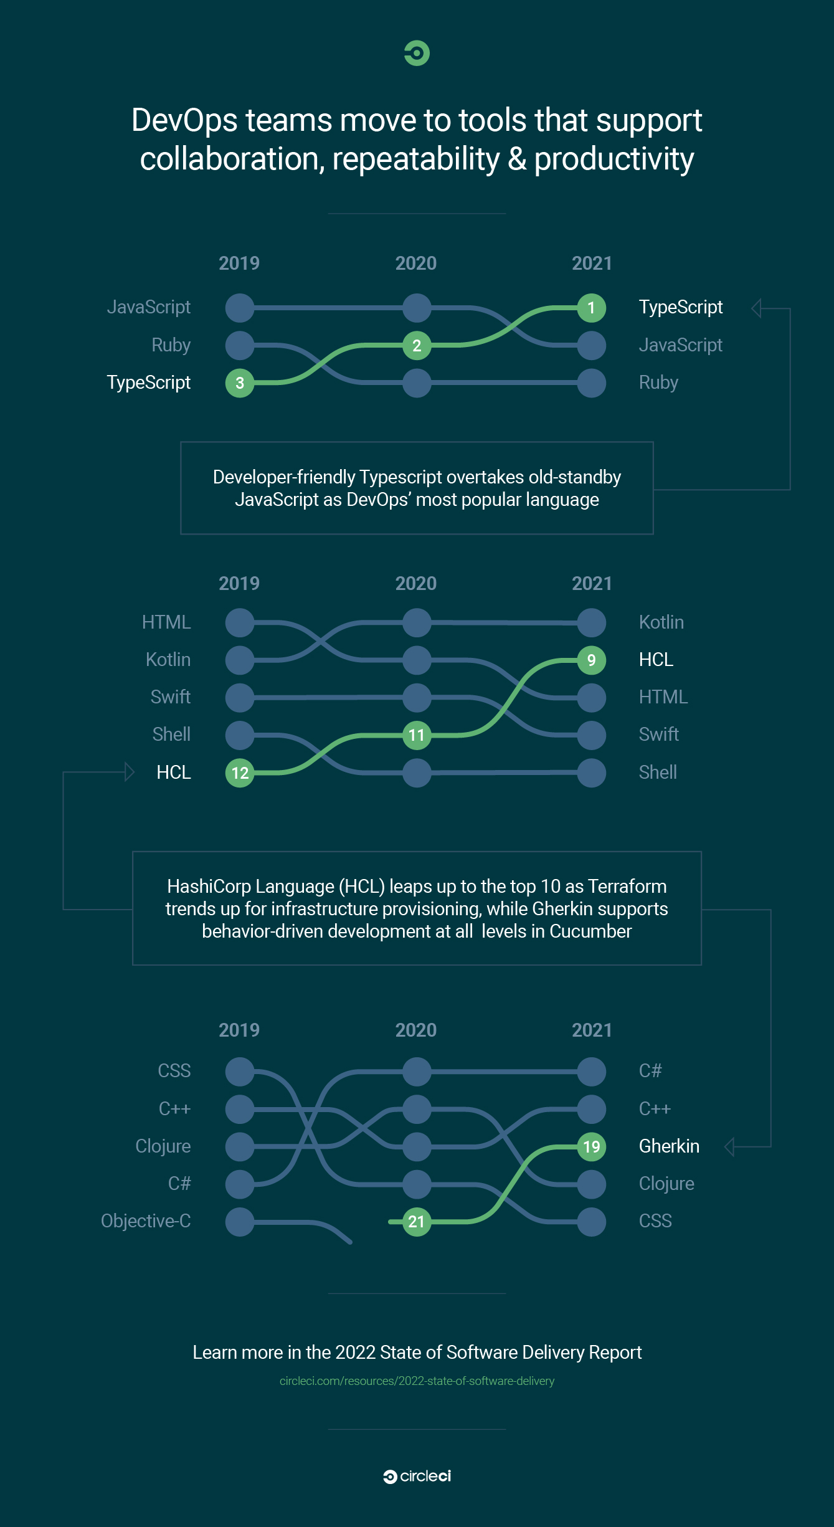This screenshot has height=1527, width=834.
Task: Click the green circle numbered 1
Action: point(591,308)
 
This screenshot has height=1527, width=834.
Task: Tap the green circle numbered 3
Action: point(240,383)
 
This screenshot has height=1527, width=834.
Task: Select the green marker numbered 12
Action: point(240,773)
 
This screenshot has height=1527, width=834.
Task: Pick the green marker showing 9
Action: point(591,660)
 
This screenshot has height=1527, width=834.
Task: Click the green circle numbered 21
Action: point(417,1222)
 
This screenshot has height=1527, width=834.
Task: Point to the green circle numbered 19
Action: point(591,1146)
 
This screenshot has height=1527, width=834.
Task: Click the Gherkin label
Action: point(669,1146)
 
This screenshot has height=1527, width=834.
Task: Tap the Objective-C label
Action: point(146,1221)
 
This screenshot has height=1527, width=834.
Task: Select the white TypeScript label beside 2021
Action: point(681,307)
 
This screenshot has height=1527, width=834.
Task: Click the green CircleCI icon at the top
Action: point(417,53)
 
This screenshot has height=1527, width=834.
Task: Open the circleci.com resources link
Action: point(417,1381)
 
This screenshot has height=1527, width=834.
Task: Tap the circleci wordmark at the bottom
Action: point(417,1477)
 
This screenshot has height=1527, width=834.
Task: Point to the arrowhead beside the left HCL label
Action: point(130,772)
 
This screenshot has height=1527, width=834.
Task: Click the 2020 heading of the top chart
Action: point(416,264)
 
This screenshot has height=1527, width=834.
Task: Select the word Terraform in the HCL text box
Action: point(627,886)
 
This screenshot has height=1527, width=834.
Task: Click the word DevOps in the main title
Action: point(184,120)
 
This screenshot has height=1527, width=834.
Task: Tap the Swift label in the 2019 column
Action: point(170,697)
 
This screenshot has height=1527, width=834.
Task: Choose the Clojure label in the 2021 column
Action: point(666,1184)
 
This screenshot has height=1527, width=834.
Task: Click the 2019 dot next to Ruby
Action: point(240,346)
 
